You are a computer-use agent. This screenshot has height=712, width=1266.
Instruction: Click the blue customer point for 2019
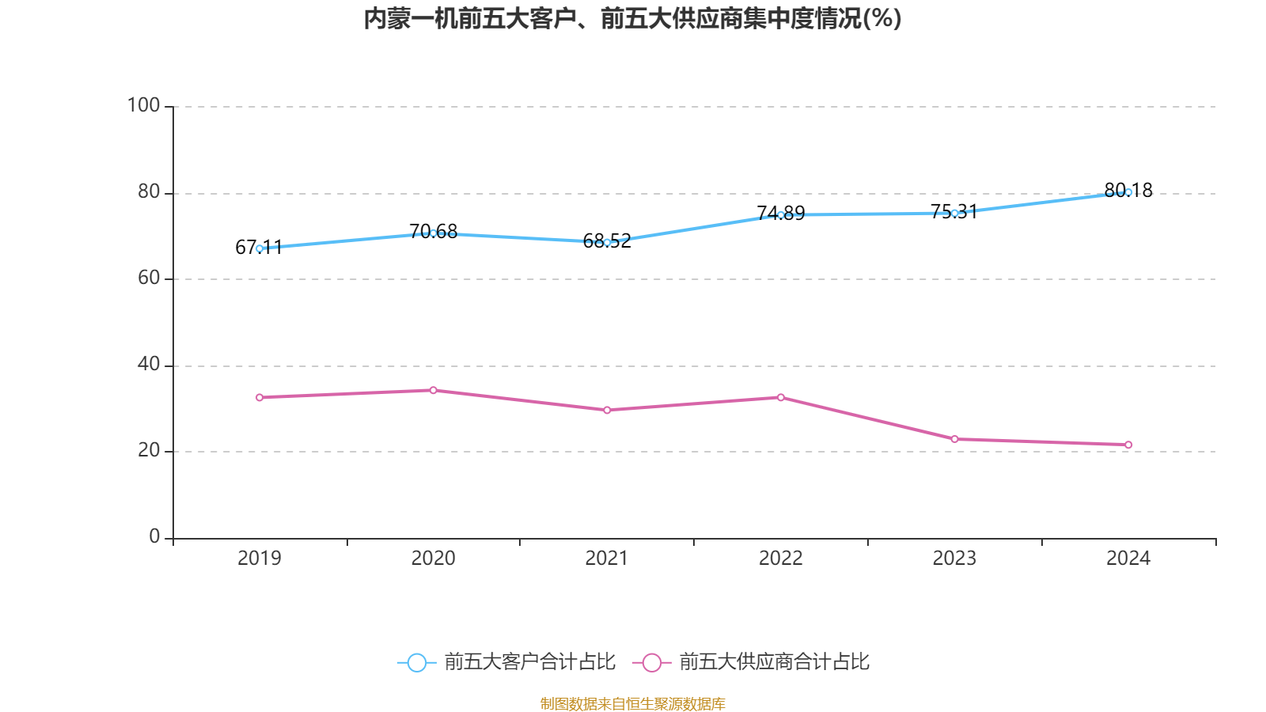tap(260, 248)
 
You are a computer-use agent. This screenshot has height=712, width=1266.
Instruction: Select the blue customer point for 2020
tap(433, 233)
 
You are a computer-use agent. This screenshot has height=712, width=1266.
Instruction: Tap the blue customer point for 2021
tap(607, 242)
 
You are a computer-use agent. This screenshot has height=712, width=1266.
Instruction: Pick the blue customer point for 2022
tap(780, 215)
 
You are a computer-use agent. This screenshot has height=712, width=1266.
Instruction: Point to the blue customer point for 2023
tap(954, 213)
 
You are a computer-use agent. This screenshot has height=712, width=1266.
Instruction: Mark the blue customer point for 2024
tap(1128, 192)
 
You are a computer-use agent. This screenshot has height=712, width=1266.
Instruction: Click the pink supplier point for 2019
tap(260, 397)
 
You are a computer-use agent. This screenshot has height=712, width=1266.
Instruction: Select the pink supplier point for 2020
tap(433, 390)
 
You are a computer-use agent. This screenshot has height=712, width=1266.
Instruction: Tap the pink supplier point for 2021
tap(607, 410)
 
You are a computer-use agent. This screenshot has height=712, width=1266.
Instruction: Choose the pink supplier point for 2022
tap(780, 397)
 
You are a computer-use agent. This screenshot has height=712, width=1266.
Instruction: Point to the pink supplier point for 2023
tap(954, 439)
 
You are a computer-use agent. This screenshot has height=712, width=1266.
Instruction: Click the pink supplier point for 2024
tap(1128, 445)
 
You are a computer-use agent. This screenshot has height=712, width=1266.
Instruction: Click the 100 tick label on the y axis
tap(143, 105)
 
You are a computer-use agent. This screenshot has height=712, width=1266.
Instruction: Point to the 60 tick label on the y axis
tap(148, 278)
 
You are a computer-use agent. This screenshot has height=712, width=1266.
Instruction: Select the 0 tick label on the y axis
tap(154, 536)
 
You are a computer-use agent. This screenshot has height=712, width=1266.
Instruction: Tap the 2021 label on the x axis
tap(606, 559)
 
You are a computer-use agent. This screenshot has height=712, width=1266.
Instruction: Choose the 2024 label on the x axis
tap(1128, 559)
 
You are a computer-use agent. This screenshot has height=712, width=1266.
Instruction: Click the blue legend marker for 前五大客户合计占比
tap(416, 662)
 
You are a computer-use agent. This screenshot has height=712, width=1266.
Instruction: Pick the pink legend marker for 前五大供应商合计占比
tap(651, 662)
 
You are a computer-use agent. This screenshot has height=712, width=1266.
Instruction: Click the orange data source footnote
tap(632, 703)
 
